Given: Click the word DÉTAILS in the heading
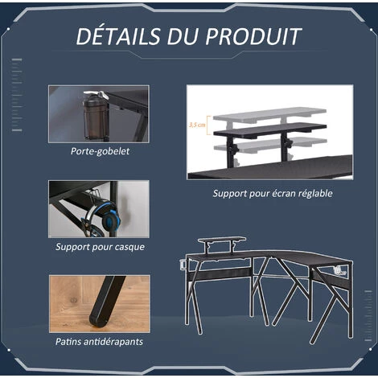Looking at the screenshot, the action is coord(118,36).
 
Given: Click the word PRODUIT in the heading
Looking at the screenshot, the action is coord(253,36).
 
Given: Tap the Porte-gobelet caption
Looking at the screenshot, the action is coord(100,151).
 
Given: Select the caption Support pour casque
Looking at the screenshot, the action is coord(100,247).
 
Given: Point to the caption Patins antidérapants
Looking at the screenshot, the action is coord(99,342).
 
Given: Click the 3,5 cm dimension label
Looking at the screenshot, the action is coord(197,125).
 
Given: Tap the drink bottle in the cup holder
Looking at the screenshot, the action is coord(96,115).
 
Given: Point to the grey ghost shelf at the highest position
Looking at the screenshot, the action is coord(269,114).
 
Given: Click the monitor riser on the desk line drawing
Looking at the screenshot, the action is coord(222,244).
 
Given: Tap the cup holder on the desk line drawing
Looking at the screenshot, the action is coord(183,265).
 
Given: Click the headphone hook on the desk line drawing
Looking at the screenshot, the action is coord(339,271).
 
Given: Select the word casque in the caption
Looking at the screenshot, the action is coord(130,247).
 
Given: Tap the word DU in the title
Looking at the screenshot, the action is coord(183,36).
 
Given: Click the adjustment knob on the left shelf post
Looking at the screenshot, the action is coord(236,149).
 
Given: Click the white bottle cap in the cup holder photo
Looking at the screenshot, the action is coord(96,94).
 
